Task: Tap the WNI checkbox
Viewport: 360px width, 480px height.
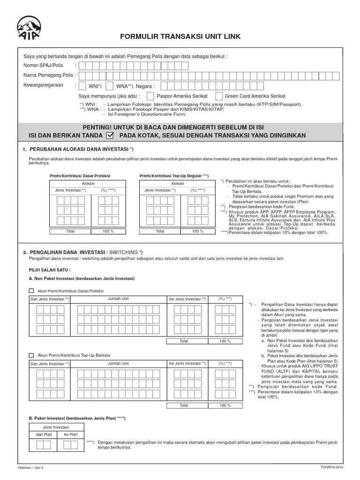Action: [x=83, y=86]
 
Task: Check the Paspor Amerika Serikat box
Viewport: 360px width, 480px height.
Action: [x=150, y=96]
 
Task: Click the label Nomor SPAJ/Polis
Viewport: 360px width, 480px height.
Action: [x=43, y=65]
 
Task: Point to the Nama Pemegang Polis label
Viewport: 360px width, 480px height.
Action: [x=48, y=75]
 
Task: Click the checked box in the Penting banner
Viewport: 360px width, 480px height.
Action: [x=110, y=135]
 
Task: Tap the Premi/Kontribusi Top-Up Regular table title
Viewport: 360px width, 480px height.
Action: [x=173, y=175]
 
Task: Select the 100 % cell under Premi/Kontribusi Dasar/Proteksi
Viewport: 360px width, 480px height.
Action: [x=108, y=231]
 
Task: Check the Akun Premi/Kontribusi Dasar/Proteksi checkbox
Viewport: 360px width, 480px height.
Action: [x=31, y=291]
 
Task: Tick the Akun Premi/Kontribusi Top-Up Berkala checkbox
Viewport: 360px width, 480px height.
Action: [x=31, y=355]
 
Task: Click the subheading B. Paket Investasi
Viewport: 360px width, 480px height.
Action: [x=77, y=418]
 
